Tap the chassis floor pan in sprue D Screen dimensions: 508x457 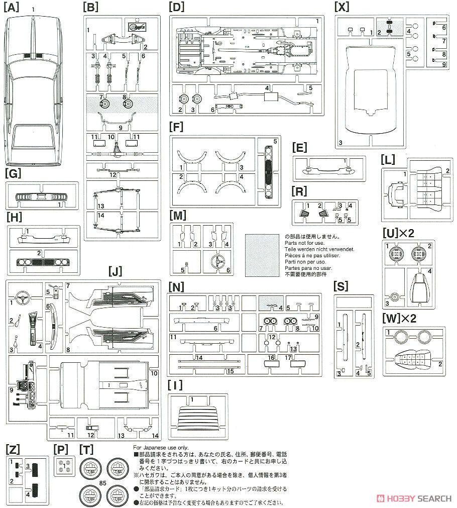click(x=246, y=50)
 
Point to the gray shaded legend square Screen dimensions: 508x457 click(x=262, y=255)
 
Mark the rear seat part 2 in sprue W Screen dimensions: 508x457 click(x=415, y=359)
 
